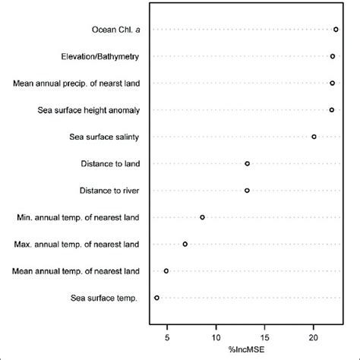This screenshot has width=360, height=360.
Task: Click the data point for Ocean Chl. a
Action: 336,29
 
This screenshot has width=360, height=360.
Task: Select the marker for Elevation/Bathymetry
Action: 333,56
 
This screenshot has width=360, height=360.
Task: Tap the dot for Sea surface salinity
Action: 314,137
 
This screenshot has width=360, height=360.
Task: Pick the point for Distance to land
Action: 247,163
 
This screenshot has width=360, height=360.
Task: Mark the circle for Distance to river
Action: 247,190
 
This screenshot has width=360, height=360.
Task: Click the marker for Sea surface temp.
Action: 156,298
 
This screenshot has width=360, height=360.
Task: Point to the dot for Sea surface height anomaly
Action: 332,110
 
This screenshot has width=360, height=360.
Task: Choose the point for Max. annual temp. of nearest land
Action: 185,244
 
